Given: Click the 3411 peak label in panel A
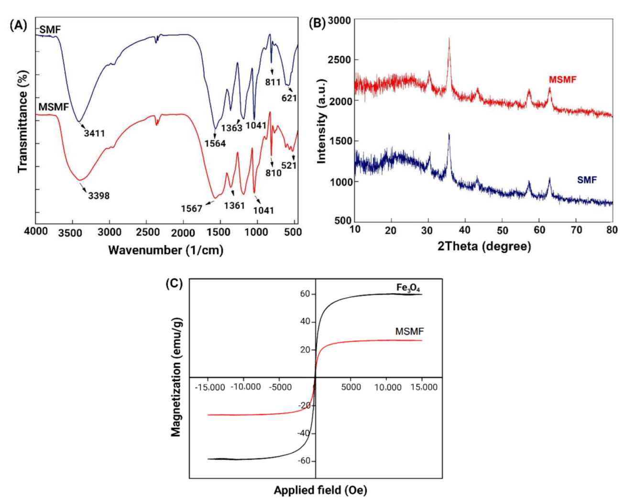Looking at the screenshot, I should pos(94,133).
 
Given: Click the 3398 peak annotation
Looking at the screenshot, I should pos(99,195).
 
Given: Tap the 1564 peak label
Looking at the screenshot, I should pos(215,143).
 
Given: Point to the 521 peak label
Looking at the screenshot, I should pos(289,165).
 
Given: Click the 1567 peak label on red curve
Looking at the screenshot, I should pos(192,208).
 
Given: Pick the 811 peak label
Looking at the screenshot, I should pos(273,82).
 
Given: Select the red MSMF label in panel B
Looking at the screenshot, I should pos(562,80).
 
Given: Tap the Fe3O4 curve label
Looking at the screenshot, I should pos(408,288).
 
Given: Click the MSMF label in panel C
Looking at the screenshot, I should pos(409,331).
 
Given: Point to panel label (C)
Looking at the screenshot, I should pos(174,283).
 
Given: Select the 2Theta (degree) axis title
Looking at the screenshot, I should pos(483,247).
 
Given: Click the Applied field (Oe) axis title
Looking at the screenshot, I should pos(320,490).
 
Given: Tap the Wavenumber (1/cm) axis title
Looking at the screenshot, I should pos(165,250).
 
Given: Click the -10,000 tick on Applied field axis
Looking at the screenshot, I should pos(245,387).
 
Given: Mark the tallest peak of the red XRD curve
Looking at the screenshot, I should pos(449,39).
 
